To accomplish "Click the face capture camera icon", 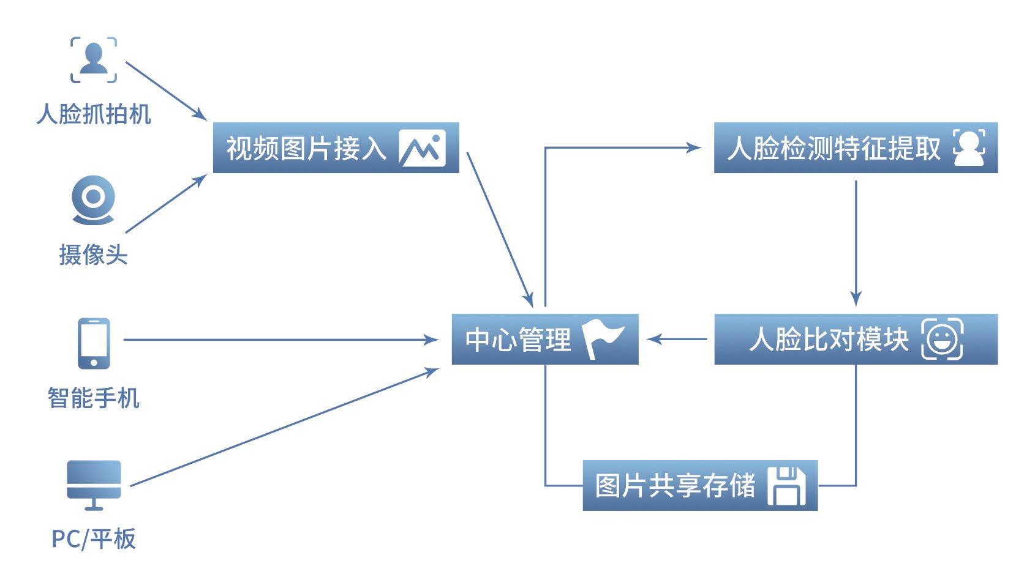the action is [x=94, y=60].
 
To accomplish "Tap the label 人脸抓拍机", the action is [x=94, y=114].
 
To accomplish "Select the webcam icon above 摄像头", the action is [x=93, y=200].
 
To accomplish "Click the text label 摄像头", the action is [x=93, y=255].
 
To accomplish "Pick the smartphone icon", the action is [x=94, y=343].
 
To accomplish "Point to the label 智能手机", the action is [x=93, y=398].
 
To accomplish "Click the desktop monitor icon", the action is [x=94, y=485].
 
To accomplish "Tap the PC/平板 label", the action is [x=94, y=539].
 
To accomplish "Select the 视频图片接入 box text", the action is [x=306, y=148].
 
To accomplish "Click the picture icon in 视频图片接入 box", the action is [x=423, y=147].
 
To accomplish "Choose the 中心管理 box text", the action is [x=519, y=340].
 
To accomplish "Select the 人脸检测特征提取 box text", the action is [x=834, y=148].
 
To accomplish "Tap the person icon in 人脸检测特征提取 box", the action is [x=969, y=147].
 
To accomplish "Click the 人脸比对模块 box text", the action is [x=829, y=340].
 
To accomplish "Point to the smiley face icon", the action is [x=942, y=339].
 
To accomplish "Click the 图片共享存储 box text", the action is [x=676, y=486].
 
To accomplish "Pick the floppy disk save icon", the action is [x=786, y=486].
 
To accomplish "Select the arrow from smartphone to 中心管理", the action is [x=281, y=340].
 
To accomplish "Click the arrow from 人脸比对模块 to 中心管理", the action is [x=677, y=339].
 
